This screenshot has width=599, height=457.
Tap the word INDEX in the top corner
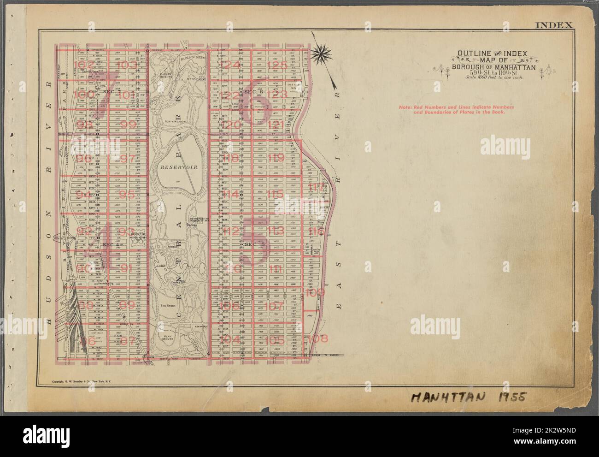[x=554, y=38]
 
